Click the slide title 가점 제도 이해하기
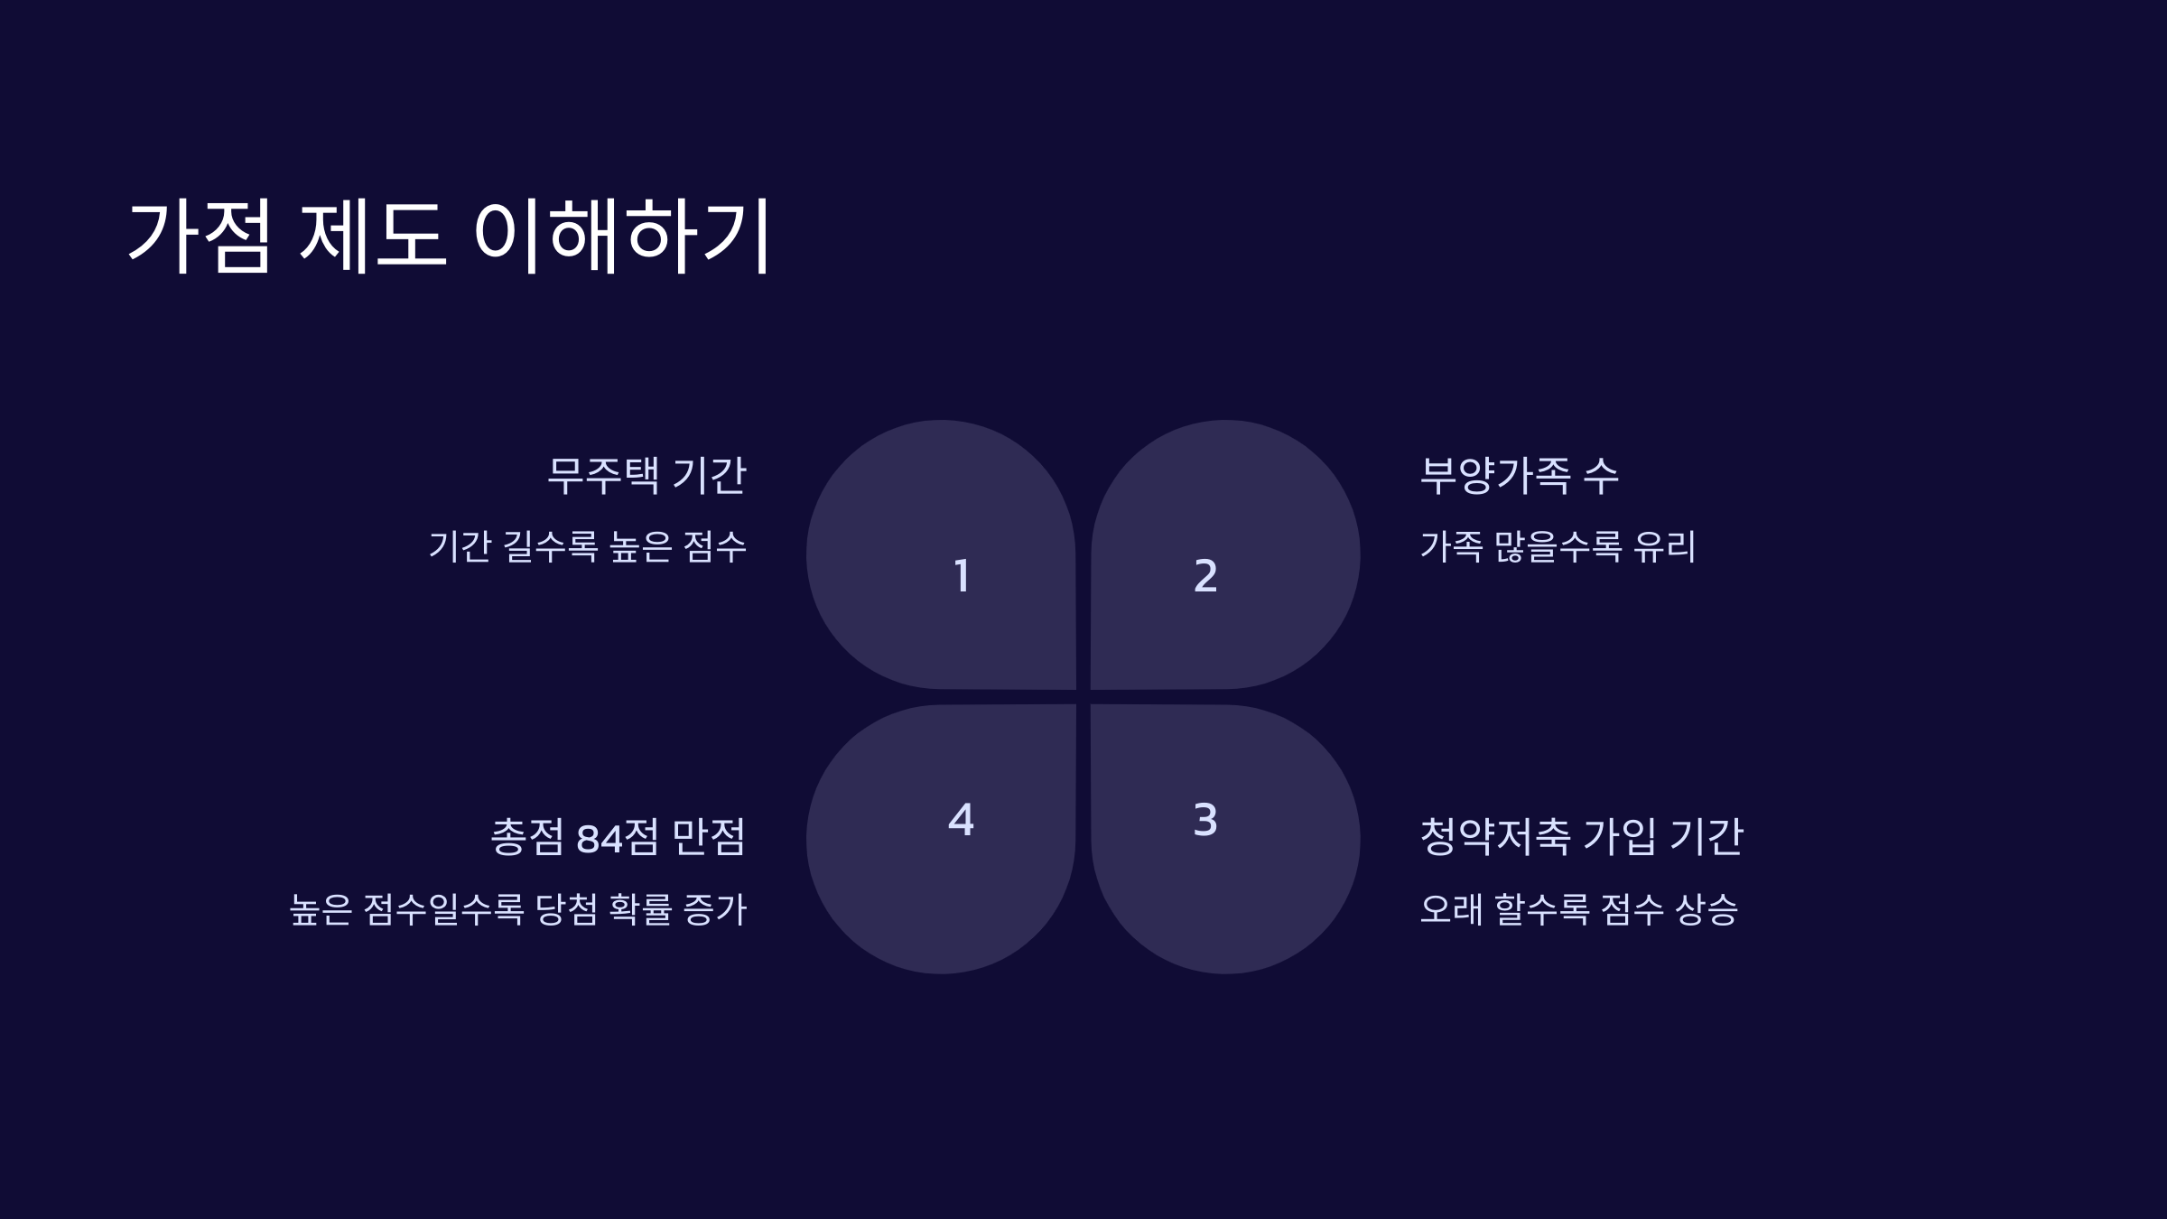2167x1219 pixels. pos(449,236)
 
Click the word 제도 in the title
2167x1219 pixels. pos(372,236)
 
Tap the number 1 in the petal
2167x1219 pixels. pos(962,576)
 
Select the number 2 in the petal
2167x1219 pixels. pos(1205,576)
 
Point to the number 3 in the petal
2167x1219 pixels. pos(1205,820)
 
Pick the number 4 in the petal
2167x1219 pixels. pos(961,820)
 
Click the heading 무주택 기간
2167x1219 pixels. pos(646,476)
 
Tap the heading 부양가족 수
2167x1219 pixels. pos(1520,476)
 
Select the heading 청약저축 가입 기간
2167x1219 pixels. pos(1581,837)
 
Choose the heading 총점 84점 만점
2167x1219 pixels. pos(618,837)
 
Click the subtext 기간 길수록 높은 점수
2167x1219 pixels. pos(588,546)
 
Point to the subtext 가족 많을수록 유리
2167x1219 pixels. pos(1558,546)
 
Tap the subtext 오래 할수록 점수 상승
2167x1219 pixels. pos(1578,909)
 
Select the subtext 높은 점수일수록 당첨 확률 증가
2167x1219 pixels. pos(518,909)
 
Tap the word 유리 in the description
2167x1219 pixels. pos(1665,546)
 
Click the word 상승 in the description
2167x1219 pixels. pos(1706,909)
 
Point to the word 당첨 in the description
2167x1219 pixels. pos(566,909)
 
